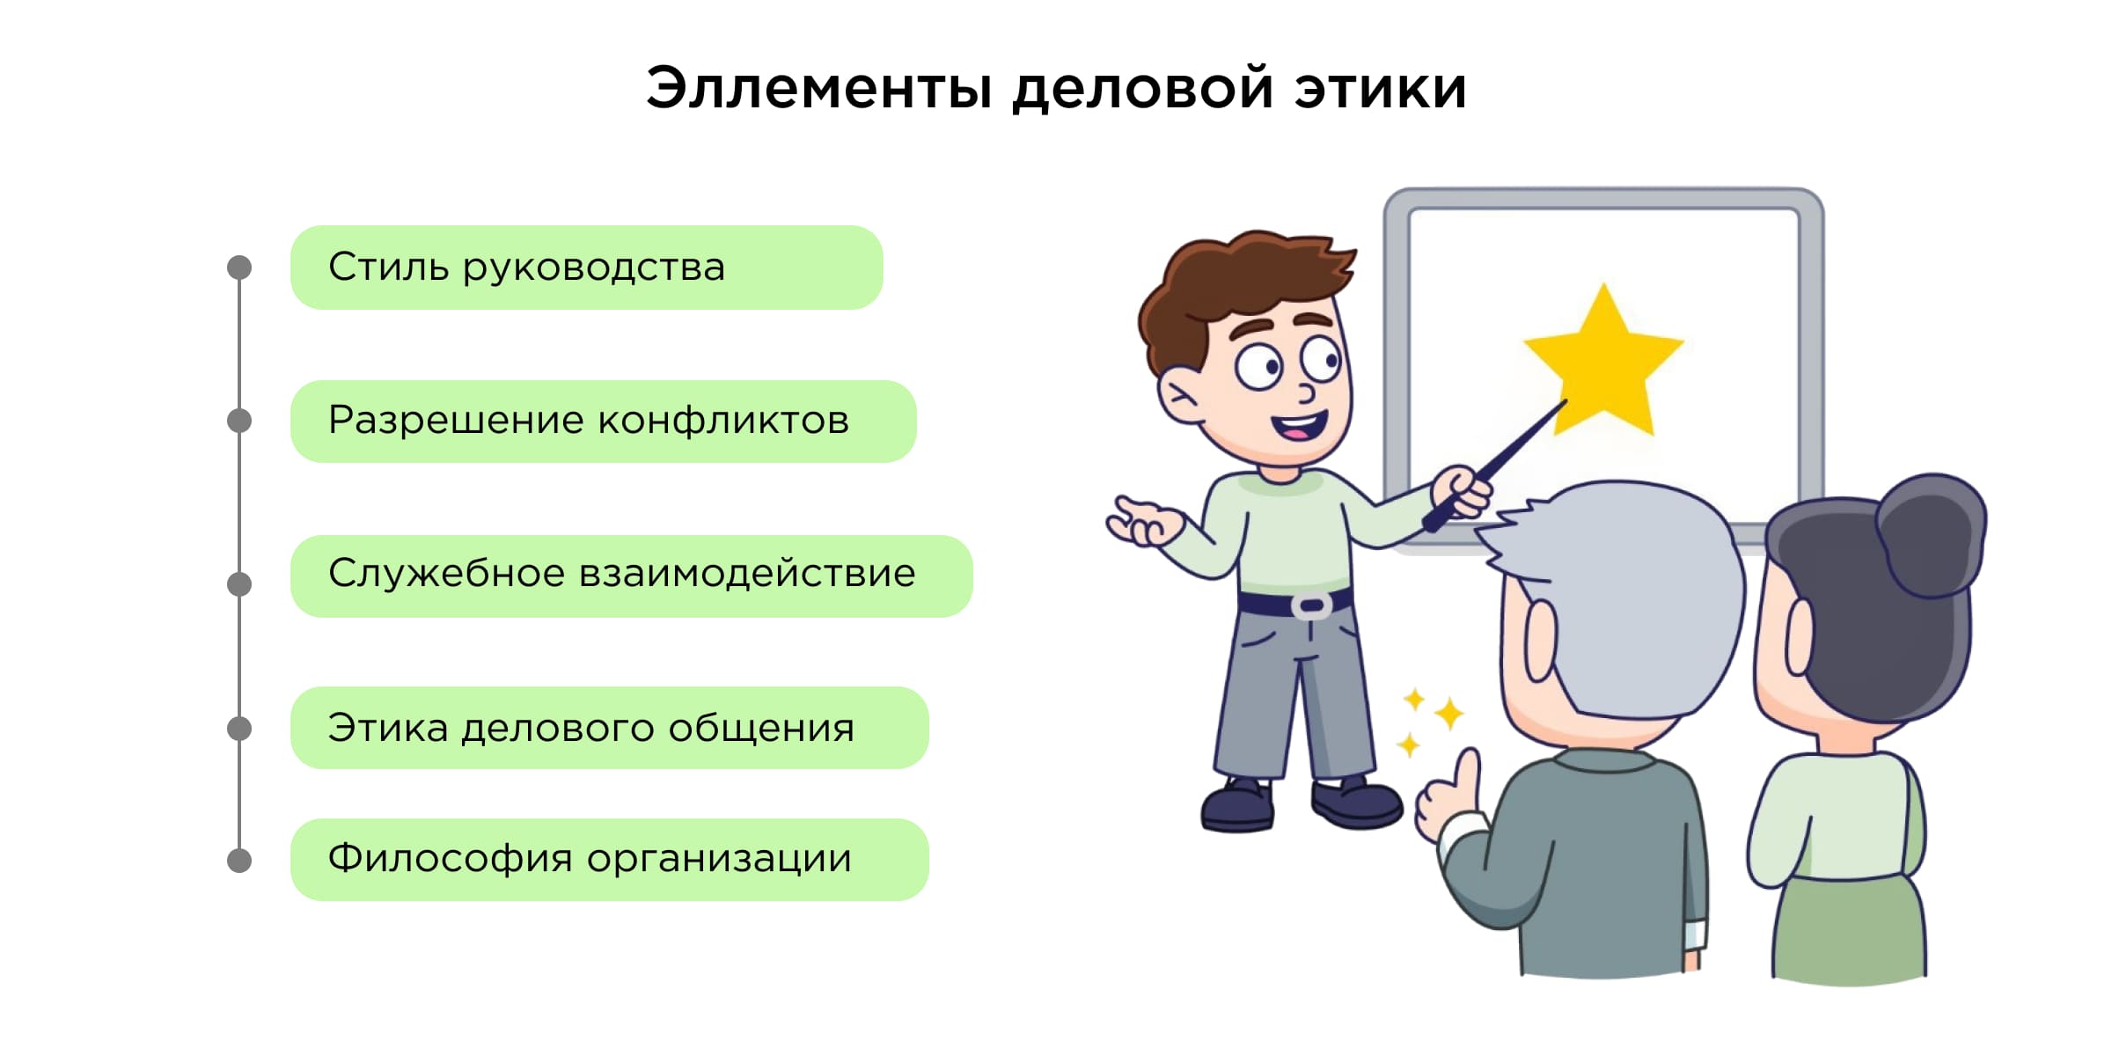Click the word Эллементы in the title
tap(819, 89)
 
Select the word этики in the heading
tap(1380, 89)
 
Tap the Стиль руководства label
tap(586, 268)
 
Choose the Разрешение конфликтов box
tap(603, 422)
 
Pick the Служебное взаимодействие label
tap(631, 576)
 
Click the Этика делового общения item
tap(609, 728)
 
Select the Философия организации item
tap(609, 860)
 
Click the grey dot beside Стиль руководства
tap(239, 268)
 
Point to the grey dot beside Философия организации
tap(239, 861)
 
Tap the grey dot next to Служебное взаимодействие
tap(239, 583)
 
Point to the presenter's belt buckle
tap(1310, 606)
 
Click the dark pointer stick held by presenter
tap(1495, 466)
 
